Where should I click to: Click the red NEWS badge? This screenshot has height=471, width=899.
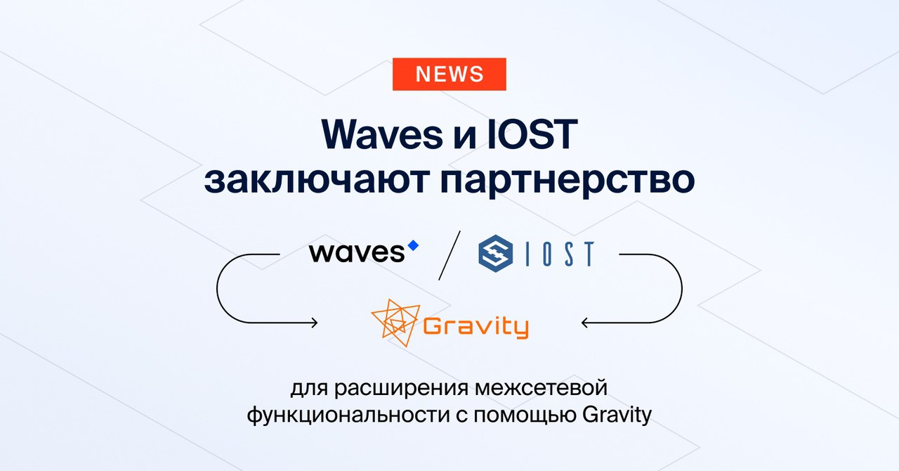coord(449,74)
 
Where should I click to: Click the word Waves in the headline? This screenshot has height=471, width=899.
coord(381,134)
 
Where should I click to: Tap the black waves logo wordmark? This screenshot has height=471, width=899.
coord(357,253)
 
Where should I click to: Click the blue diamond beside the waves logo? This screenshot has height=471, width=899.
coord(413,245)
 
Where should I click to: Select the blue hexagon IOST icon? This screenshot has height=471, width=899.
coord(495,254)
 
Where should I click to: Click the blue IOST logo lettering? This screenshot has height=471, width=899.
coord(560,254)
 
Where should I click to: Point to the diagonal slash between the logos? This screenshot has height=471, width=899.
coord(449,255)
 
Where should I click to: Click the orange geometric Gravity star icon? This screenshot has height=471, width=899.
coord(395,322)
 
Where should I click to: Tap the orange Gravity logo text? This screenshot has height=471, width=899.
coord(476,327)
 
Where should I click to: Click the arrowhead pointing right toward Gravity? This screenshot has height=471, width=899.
coord(315,322)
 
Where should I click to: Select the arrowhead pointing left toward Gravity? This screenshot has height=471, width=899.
coord(585,322)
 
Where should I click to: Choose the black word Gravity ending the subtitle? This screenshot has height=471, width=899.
coord(617,415)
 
